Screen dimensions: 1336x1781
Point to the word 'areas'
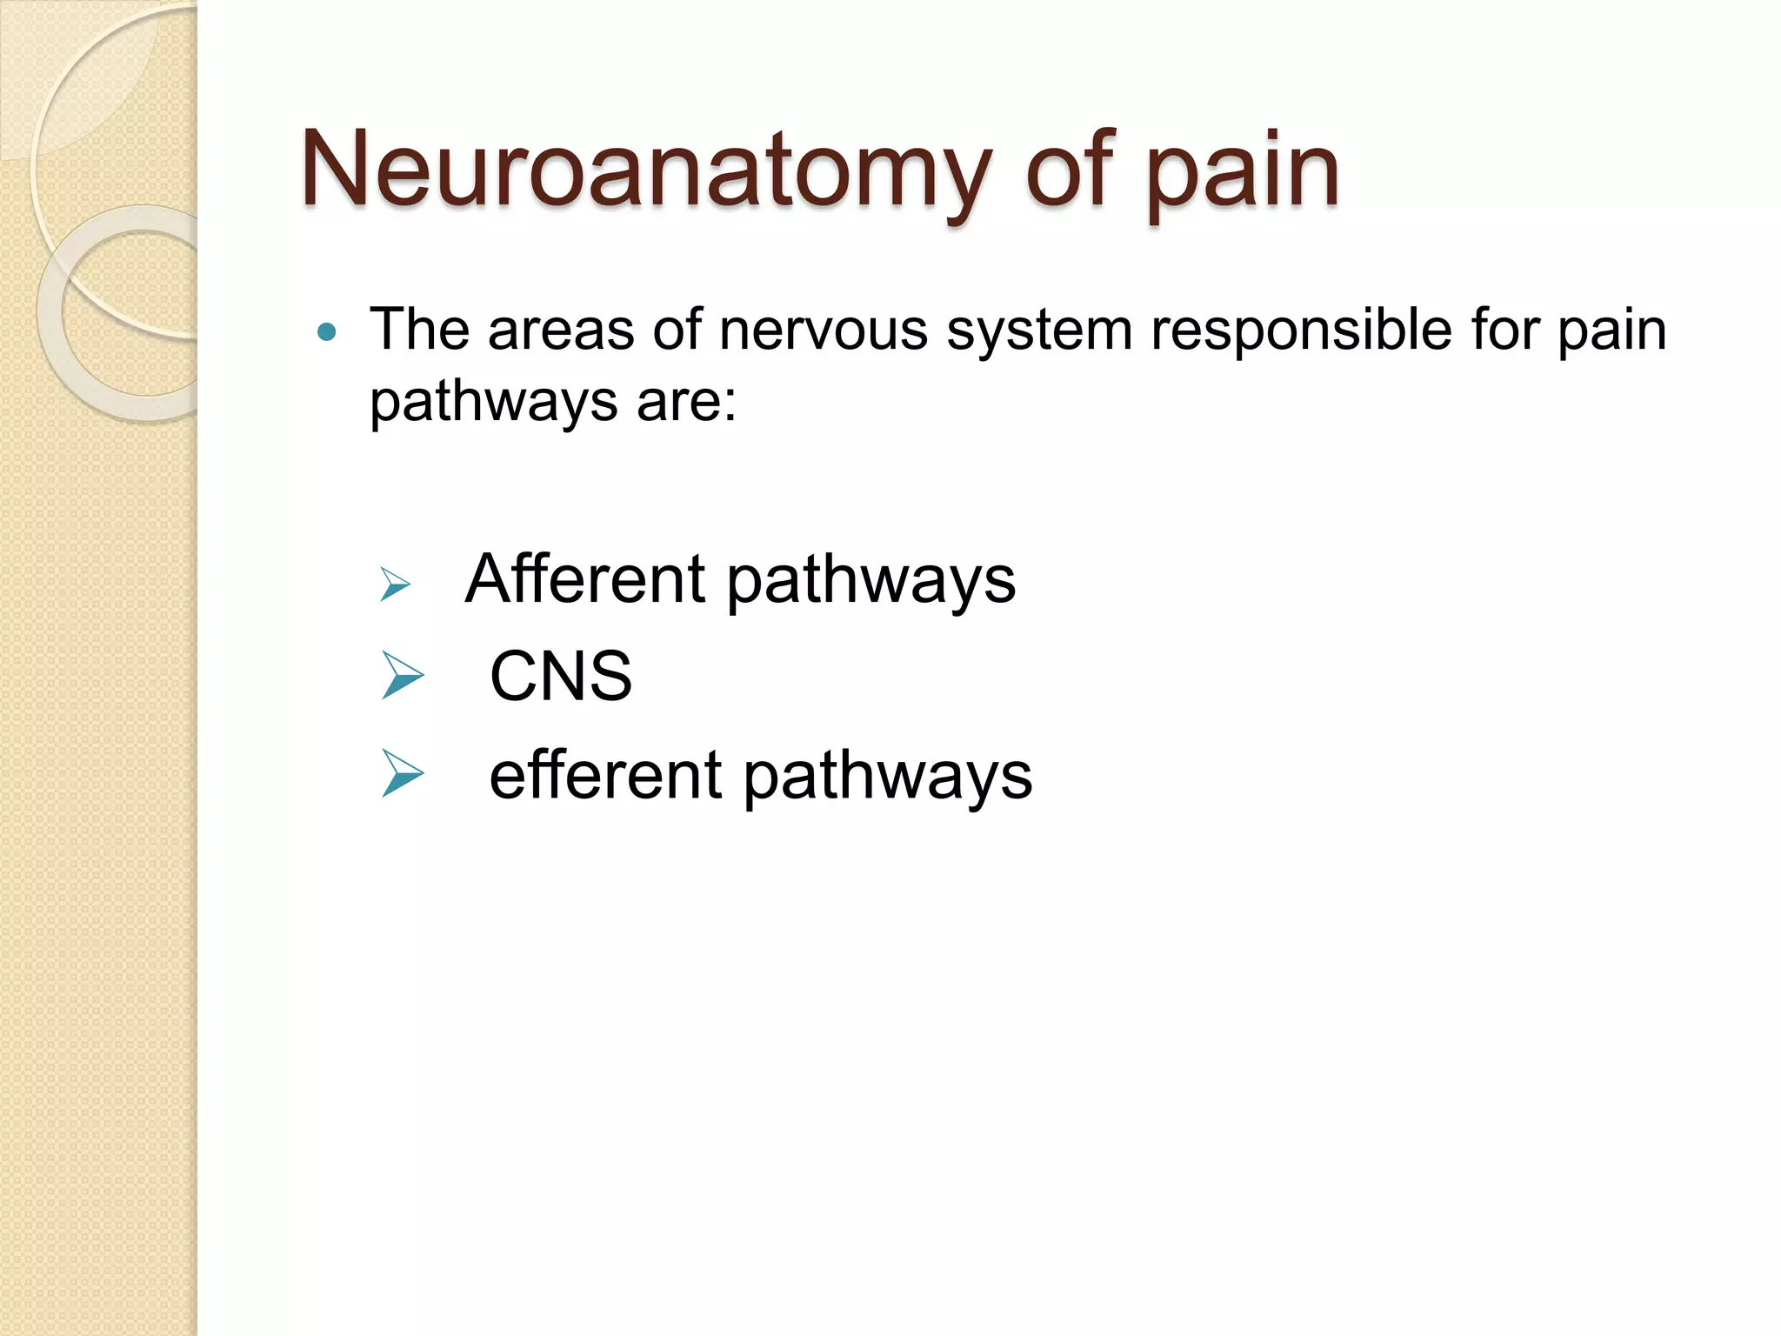click(561, 331)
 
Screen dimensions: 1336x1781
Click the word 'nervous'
click(823, 331)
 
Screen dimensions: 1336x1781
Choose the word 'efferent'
click(605, 775)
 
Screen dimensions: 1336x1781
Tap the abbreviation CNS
click(561, 676)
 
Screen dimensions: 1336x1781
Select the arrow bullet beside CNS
click(402, 677)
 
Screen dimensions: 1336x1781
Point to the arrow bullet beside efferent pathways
click(402, 774)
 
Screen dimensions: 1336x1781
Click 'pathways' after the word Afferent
click(870, 583)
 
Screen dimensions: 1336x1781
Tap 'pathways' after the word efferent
click(887, 778)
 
